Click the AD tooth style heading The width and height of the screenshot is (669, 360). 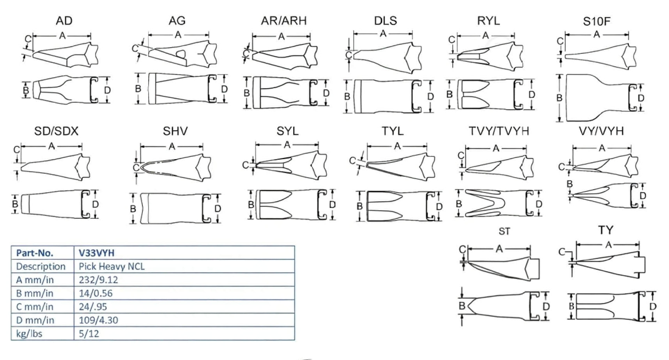64,21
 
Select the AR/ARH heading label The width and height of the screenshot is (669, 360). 283,21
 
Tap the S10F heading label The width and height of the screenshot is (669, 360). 596,21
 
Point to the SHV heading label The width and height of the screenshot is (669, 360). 175,131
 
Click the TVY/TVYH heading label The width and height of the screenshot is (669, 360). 499,131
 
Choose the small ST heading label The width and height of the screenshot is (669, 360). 504,232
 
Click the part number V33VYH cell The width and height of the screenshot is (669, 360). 97,253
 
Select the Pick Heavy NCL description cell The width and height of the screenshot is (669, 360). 111,266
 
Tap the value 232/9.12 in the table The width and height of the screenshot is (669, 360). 98,280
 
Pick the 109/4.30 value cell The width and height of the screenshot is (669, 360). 98,320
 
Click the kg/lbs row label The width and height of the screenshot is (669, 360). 29,334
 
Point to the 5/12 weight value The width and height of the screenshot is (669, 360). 89,334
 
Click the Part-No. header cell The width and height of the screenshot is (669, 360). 34,253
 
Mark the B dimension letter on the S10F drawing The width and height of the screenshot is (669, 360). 559,98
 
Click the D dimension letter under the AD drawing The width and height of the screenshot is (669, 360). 107,90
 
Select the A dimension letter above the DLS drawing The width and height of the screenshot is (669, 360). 383,34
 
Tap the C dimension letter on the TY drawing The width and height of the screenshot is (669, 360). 562,252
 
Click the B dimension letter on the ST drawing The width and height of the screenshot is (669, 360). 462,306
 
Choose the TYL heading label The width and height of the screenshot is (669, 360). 392,131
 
